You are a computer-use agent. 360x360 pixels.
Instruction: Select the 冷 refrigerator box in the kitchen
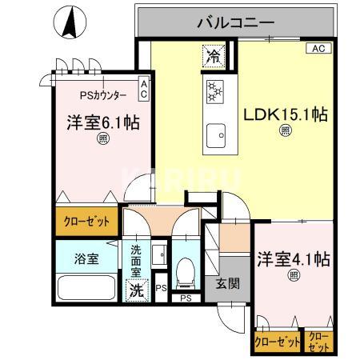[x=213, y=55]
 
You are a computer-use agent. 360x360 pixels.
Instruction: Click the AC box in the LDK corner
[x=318, y=49]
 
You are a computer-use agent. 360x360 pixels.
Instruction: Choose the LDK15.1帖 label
[x=286, y=114]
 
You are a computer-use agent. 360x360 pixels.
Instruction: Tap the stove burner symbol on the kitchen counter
[x=214, y=90]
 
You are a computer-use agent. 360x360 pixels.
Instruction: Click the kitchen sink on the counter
[x=214, y=135]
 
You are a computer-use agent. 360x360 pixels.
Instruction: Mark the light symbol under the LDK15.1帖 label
[x=285, y=133]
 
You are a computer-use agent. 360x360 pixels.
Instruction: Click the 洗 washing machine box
[x=137, y=290]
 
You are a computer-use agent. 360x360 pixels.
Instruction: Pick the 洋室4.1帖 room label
[x=294, y=259]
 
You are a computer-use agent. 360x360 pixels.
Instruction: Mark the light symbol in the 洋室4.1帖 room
[x=294, y=276]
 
